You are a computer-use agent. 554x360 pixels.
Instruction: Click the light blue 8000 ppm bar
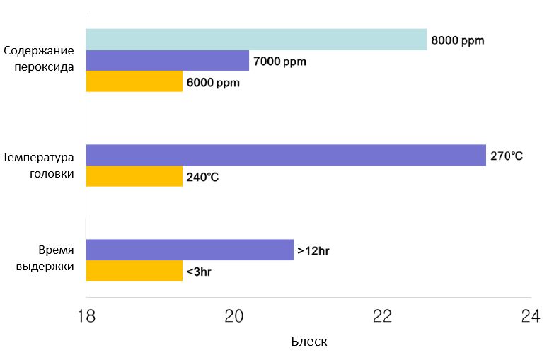(256, 40)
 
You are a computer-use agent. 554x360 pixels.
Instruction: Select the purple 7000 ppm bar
(168, 61)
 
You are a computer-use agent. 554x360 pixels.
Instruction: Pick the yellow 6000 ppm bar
(134, 82)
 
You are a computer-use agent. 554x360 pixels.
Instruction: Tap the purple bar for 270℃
(286, 155)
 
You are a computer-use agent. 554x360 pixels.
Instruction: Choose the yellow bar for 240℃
(134, 176)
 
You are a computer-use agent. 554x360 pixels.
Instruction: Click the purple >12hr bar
(190, 250)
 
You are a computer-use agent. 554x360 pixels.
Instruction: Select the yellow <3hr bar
(134, 271)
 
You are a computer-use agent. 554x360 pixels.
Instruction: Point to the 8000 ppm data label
(458, 40)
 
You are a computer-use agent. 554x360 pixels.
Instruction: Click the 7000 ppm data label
(279, 62)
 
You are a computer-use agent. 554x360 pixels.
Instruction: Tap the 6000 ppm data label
(213, 83)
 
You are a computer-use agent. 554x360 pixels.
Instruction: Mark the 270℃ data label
(507, 156)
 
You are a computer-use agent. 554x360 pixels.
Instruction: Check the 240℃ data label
(202, 177)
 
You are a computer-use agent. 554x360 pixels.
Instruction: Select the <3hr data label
(199, 272)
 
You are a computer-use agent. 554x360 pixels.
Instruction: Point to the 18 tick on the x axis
(86, 316)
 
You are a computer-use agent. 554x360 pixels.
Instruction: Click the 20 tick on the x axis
(234, 316)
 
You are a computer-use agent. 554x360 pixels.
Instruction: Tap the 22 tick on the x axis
(382, 316)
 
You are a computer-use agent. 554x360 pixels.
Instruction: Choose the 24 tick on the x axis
(530, 316)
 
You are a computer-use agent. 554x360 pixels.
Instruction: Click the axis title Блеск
(309, 342)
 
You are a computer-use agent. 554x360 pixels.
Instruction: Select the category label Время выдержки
(44, 259)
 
